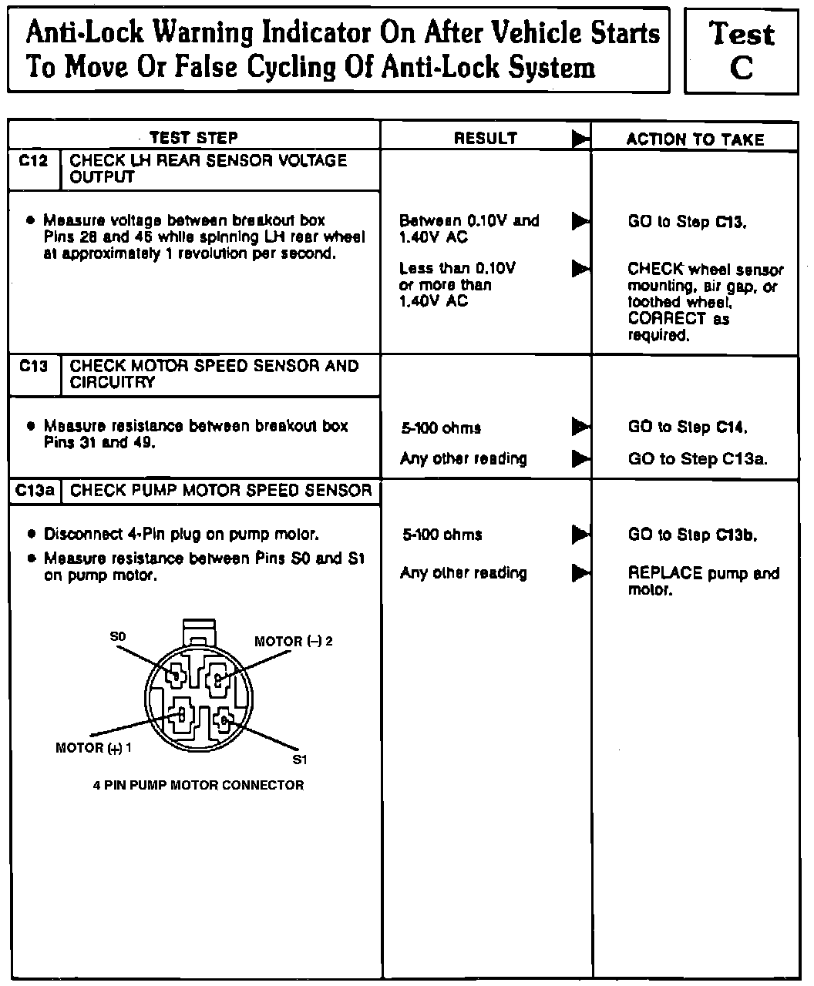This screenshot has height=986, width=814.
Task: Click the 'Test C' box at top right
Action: tap(741, 51)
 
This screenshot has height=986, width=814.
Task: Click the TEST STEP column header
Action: tap(193, 138)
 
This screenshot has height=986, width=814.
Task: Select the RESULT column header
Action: tap(485, 139)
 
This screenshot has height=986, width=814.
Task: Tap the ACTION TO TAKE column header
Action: tap(695, 139)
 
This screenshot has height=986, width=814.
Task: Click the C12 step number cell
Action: tap(33, 161)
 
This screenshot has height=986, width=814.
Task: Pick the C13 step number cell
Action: tap(33, 366)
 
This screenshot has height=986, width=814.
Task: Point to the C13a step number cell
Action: tap(33, 491)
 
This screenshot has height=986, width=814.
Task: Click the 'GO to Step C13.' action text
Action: tap(687, 222)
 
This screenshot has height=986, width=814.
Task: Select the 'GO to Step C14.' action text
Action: tap(688, 428)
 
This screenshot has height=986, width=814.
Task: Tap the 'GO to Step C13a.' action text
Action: tap(698, 459)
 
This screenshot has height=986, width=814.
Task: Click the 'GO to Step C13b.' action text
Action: tap(692, 535)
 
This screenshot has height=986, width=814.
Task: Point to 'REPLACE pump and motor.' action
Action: tap(703, 582)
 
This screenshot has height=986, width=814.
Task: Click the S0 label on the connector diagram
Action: tap(117, 636)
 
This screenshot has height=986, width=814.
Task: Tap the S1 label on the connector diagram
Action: tap(301, 760)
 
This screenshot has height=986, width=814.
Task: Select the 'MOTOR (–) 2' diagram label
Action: tap(294, 642)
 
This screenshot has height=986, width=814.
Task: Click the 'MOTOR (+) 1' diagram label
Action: tap(94, 747)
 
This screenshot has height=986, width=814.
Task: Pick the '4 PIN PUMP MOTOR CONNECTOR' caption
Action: tap(198, 786)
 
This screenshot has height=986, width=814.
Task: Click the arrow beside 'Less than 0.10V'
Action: tap(580, 269)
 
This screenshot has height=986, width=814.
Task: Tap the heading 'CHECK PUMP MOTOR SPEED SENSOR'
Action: tap(220, 491)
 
